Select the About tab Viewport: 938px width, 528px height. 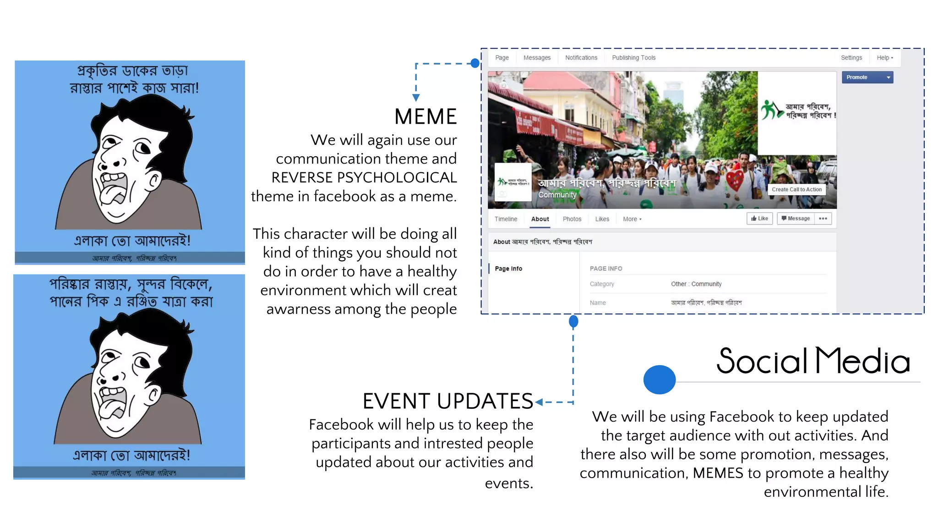(x=540, y=219)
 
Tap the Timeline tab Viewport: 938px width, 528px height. (x=506, y=219)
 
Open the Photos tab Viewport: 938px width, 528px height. (x=572, y=219)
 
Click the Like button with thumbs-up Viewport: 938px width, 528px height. (x=759, y=219)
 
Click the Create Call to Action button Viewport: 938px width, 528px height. (x=796, y=189)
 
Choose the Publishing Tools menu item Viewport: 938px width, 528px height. (x=633, y=58)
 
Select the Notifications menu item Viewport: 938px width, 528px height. (x=581, y=58)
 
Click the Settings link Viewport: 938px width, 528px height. (x=851, y=58)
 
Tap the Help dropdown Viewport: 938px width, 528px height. (x=884, y=58)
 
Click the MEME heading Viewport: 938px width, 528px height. (x=425, y=117)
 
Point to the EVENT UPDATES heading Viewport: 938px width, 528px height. (x=447, y=401)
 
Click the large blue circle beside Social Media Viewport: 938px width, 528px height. (x=659, y=379)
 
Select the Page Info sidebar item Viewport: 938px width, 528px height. (x=508, y=269)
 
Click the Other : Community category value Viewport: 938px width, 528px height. (x=696, y=284)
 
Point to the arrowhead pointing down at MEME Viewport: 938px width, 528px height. (x=416, y=98)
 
